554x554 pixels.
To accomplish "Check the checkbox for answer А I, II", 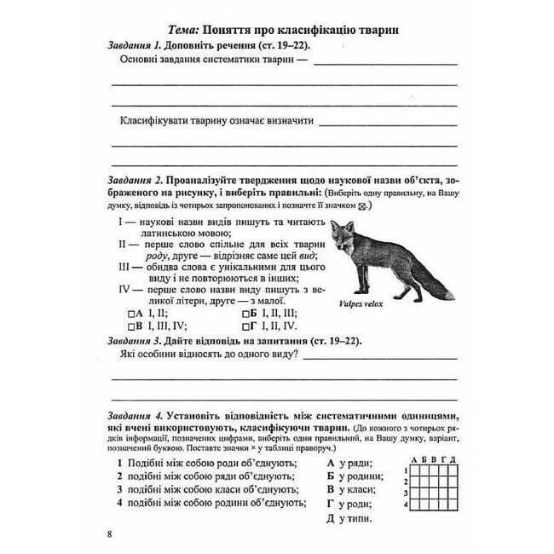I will coord(130,313).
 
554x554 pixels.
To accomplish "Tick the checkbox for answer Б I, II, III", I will coord(246,313).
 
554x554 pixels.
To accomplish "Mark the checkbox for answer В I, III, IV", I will coord(130,326).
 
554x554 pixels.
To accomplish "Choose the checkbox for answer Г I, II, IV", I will coord(246,326).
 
